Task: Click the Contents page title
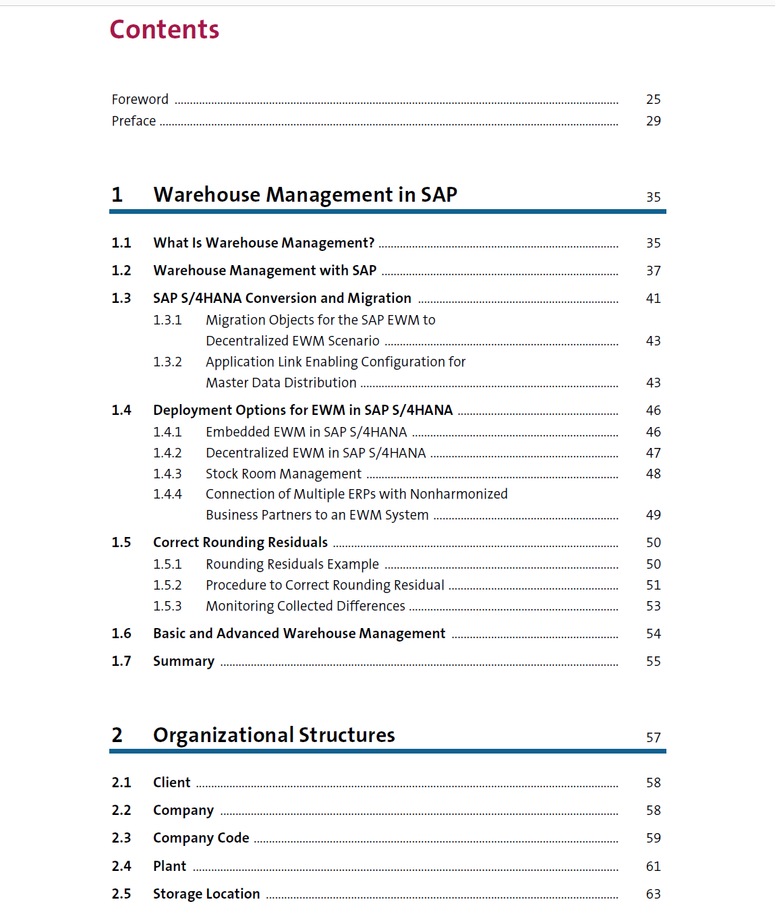click(x=165, y=30)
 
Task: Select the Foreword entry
click(x=140, y=99)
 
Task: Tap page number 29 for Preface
click(x=653, y=121)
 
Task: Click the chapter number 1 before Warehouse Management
click(x=117, y=195)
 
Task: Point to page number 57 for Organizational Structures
click(x=653, y=737)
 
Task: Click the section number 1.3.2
click(x=167, y=362)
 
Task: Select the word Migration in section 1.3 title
click(x=379, y=298)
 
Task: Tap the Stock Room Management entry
click(x=283, y=474)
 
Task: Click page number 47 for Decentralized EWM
click(x=653, y=453)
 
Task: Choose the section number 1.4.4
click(x=167, y=494)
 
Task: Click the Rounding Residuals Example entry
click(x=292, y=564)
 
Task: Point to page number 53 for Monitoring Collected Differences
click(x=653, y=606)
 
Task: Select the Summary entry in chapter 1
click(x=183, y=661)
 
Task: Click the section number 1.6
click(x=121, y=633)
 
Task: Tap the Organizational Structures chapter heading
click(x=274, y=735)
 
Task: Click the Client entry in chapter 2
click(x=171, y=783)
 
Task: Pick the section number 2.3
click(x=121, y=838)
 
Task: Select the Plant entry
click(x=169, y=866)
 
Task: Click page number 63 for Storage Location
click(x=653, y=894)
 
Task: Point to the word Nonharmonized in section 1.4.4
click(x=459, y=494)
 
